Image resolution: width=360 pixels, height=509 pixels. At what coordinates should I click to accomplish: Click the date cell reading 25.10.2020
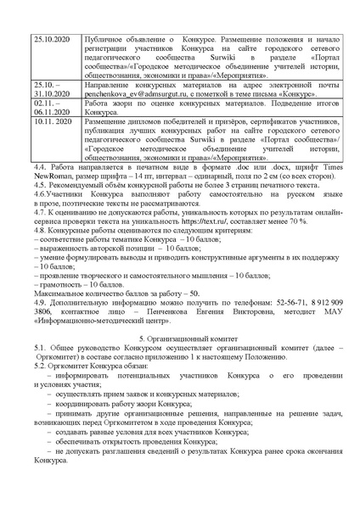click(x=48, y=40)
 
